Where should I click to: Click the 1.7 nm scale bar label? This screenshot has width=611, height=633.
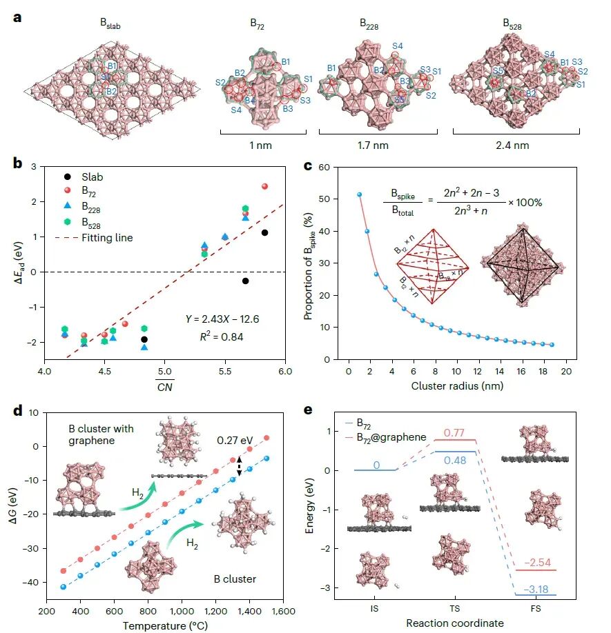373,145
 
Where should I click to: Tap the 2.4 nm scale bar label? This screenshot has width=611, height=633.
512,145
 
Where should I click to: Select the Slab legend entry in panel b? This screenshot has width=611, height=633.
84,177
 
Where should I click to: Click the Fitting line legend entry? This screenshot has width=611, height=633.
94,238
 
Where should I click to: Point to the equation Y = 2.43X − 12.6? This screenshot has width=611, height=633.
222,319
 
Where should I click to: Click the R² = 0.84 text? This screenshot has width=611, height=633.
222,336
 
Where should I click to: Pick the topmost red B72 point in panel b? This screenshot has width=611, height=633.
264,186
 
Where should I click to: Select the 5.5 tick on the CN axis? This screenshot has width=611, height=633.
225,372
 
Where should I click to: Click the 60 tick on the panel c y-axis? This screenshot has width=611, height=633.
324,167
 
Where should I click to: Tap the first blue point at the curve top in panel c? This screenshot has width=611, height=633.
359,194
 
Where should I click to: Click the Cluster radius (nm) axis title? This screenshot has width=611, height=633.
457,386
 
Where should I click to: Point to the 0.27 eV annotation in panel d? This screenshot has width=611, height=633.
235,440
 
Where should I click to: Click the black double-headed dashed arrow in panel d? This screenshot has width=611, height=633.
240,466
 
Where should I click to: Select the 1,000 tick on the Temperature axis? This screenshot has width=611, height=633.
182,612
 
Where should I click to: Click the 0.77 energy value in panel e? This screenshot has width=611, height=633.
454,433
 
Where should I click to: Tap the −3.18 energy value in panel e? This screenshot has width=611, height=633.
536,590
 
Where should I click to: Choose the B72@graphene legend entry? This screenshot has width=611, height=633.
387,438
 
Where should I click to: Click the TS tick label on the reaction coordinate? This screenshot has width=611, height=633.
454,608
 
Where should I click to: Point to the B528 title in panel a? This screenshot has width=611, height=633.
512,24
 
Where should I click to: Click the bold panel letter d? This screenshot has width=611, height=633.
17,411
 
